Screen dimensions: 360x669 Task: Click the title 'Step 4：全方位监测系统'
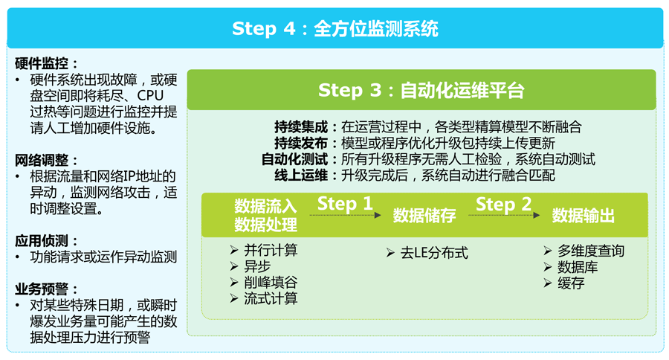pos(334,29)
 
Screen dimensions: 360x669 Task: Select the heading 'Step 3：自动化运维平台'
pos(421,91)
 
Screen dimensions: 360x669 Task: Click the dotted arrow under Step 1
pos(346,216)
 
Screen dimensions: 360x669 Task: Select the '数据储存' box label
pos(424,216)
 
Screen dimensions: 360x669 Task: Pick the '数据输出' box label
pos(583,216)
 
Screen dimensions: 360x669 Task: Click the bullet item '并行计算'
pos(271,251)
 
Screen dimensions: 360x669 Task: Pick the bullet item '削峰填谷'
pos(271,283)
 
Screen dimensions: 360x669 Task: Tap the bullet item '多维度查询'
pos(591,251)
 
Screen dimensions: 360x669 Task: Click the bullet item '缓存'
pos(571,283)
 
